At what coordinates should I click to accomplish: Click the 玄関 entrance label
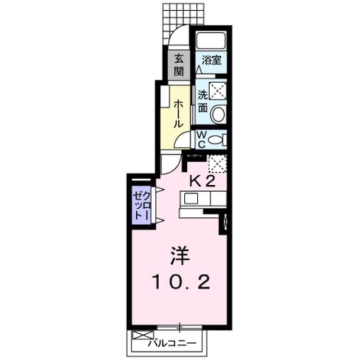[179, 65]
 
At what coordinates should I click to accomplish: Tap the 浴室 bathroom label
[211, 61]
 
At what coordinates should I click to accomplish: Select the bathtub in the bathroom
[211, 40]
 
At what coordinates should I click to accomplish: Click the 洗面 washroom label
[203, 101]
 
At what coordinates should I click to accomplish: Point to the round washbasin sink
[218, 114]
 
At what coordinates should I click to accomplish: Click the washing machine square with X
[218, 91]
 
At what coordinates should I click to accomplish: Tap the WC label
[202, 140]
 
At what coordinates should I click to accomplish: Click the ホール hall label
[179, 114]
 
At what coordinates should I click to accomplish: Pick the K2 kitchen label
[202, 182]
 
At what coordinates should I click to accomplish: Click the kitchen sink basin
[191, 199]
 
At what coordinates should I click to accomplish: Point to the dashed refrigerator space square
[217, 163]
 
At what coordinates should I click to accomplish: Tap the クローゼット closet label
[141, 206]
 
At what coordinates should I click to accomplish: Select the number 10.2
[181, 282]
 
